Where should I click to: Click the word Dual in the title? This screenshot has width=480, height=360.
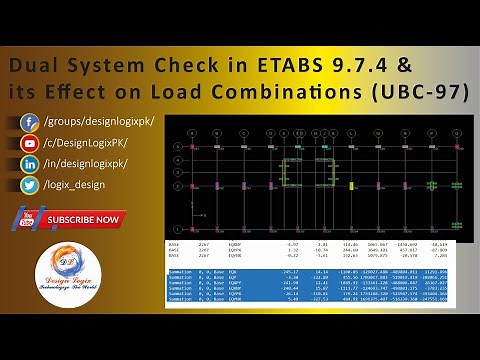pyautogui.click(x=34, y=66)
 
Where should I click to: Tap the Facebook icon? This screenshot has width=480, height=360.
pyautogui.click(x=30, y=122)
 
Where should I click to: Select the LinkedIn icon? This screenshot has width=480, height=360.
pyautogui.click(x=30, y=164)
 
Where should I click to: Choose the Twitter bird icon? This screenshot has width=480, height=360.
pyautogui.click(x=30, y=185)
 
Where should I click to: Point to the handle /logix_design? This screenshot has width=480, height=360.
pyautogui.click(x=82, y=185)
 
